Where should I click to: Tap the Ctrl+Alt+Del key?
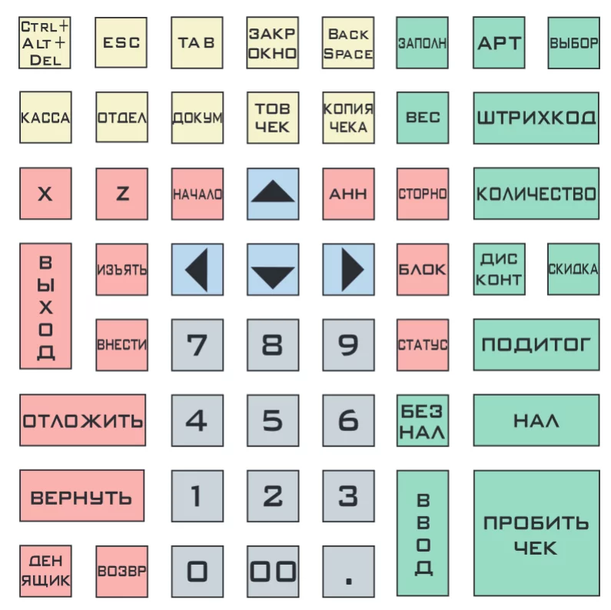(x=45, y=43)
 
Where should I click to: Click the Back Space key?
(x=348, y=43)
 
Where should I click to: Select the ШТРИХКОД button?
(x=536, y=118)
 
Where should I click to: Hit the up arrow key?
(x=273, y=194)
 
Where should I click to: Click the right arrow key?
(x=348, y=270)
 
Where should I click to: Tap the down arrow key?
(x=273, y=270)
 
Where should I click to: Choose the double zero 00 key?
(x=273, y=572)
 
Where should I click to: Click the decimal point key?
(x=348, y=572)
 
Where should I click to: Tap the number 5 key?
(x=273, y=420)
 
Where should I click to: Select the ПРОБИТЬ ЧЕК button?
(x=536, y=533)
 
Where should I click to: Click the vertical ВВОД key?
(x=423, y=533)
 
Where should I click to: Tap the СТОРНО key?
(x=423, y=194)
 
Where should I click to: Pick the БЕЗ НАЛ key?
(x=423, y=420)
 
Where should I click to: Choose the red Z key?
(x=122, y=194)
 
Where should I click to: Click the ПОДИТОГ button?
(x=536, y=345)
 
